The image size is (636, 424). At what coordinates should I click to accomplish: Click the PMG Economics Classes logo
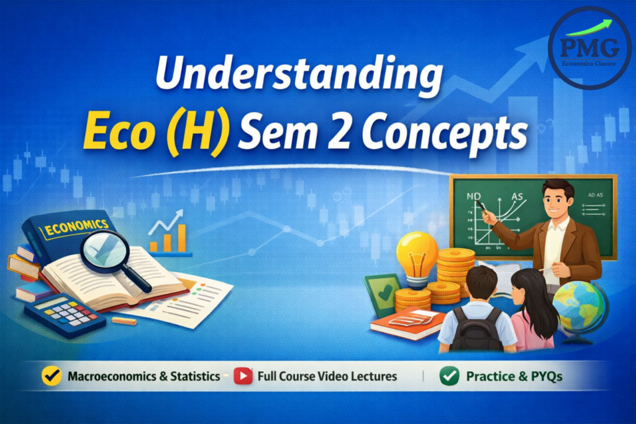point(589,48)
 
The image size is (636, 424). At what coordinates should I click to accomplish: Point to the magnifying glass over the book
point(105,251)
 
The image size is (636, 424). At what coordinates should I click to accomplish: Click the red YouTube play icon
point(243,376)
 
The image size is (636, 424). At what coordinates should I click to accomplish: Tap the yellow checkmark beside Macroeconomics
point(52,376)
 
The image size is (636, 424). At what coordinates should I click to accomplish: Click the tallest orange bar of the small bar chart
point(182,237)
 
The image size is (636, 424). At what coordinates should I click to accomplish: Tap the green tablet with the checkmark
point(381,294)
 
